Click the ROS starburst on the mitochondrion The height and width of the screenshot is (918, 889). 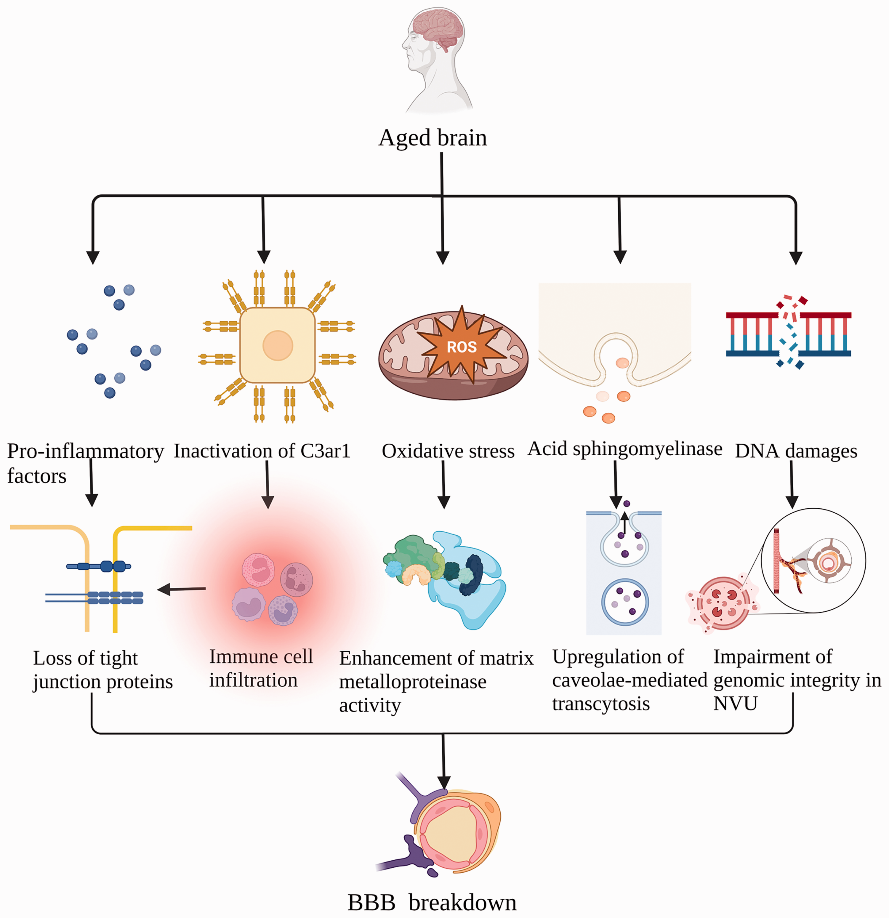pyautogui.click(x=461, y=346)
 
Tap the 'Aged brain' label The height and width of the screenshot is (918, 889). pyautogui.click(x=433, y=138)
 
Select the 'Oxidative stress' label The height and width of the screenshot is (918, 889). pyautogui.click(x=448, y=451)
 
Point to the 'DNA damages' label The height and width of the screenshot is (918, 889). pyautogui.click(x=796, y=451)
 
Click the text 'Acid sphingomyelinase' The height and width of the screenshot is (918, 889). pyautogui.click(x=625, y=449)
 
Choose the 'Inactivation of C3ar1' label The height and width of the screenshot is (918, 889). pyautogui.click(x=262, y=451)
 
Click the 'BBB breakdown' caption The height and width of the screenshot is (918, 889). pyautogui.click(x=432, y=902)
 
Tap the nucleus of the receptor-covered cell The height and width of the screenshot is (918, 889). pyautogui.click(x=278, y=345)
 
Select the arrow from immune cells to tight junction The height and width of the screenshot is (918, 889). pyautogui.click(x=181, y=589)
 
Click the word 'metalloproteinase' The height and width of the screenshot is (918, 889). pyautogui.click(x=413, y=682)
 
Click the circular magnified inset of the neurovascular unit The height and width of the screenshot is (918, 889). pyautogui.click(x=814, y=560)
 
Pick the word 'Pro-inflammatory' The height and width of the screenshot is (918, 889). pyautogui.click(x=86, y=451)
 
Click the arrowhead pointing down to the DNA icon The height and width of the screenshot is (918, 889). pyautogui.click(x=796, y=258)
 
